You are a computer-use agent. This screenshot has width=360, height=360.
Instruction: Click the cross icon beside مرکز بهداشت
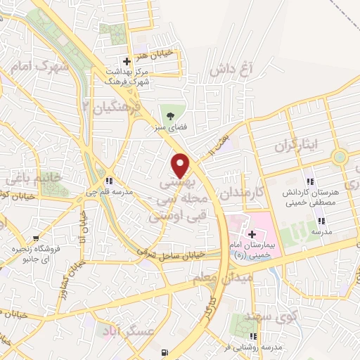(127, 62)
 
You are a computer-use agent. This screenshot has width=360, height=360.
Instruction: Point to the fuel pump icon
(165, 352)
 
